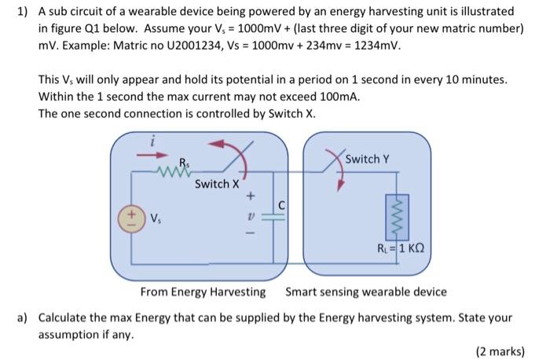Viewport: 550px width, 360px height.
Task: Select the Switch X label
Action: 217,184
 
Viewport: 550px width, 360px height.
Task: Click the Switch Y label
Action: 367,160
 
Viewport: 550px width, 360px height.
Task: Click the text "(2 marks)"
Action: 500,351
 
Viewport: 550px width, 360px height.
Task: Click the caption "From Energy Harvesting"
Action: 203,292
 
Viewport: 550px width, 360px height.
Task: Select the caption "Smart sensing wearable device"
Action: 365,292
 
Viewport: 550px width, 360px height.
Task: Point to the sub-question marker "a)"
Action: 23,318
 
